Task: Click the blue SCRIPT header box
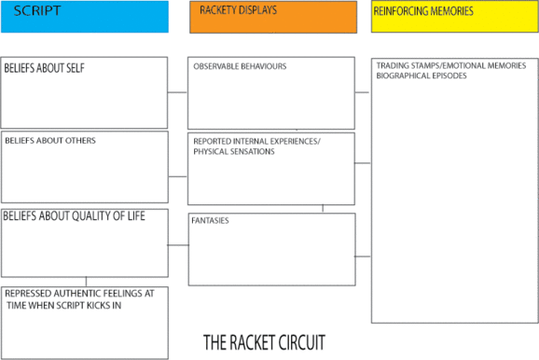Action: pos(84,16)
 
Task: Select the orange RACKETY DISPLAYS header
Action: pos(272,16)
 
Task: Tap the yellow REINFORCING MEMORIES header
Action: pos(454,16)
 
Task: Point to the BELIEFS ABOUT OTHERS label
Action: pos(50,141)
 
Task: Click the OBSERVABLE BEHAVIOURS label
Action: pos(240,67)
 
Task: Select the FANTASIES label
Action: pos(211,221)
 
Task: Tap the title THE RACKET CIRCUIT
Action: pos(264,341)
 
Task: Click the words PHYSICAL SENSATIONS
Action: pos(234,151)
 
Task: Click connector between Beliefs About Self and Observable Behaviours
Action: pos(177,92)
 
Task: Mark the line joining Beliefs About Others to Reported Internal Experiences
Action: pos(177,175)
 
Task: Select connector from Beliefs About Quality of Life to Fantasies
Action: pos(177,246)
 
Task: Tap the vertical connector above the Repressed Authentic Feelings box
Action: pos(86,282)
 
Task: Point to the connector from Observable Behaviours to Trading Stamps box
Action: pos(363,92)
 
